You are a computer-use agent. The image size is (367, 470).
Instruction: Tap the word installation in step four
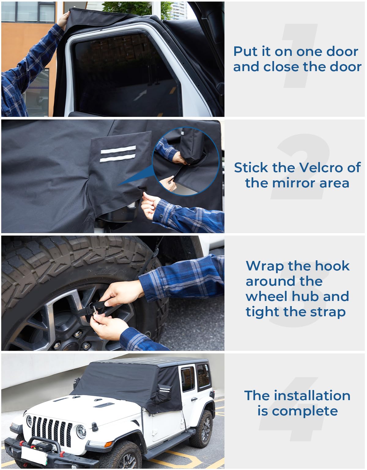[x=312, y=396]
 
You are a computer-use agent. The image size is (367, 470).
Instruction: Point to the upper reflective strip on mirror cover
[x=118, y=150]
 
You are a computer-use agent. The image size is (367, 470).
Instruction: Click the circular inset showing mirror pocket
[x=186, y=161]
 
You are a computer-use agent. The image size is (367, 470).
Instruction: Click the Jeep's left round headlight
[x=81, y=431]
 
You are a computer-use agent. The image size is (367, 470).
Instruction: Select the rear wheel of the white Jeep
[x=203, y=429]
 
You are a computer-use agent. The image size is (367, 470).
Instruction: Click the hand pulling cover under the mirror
[x=150, y=206]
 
